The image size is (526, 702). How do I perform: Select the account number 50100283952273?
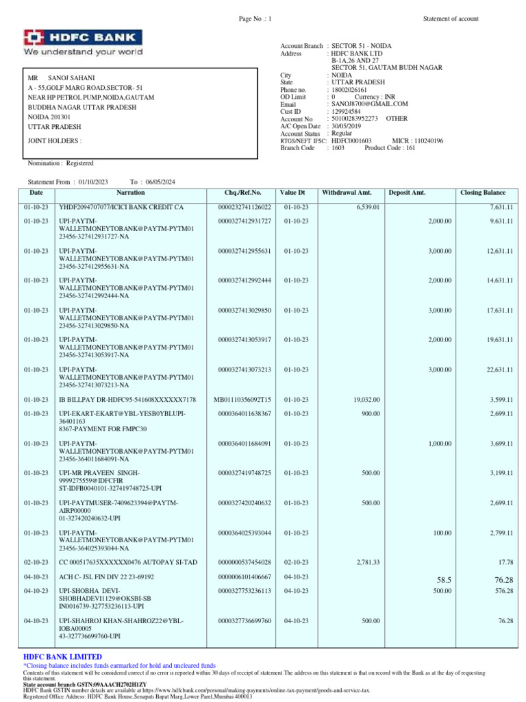click(355, 119)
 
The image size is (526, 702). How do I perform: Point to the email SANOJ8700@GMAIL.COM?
click(369, 104)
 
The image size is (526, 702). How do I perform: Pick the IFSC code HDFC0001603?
click(351, 141)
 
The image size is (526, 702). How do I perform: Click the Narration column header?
click(130, 193)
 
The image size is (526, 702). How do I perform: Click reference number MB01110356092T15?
click(242, 399)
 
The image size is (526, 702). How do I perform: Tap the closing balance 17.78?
click(506, 561)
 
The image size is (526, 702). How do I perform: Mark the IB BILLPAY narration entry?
click(127, 399)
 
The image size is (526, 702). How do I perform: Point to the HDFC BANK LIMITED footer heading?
click(62, 657)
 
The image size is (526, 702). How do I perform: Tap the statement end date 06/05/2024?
click(160, 182)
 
